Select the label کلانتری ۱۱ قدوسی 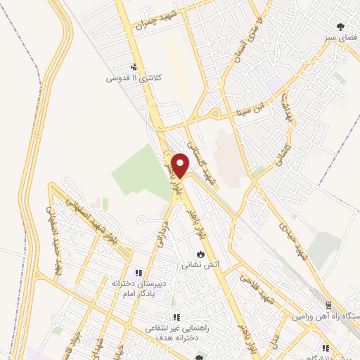[x=134, y=78]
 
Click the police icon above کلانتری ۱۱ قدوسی [x=134, y=67]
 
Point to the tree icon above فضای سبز [x=341, y=27]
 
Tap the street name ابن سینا [x=251, y=108]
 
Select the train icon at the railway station [x=328, y=305]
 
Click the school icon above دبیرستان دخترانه [x=139, y=272]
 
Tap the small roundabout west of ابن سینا [x=216, y=112]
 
